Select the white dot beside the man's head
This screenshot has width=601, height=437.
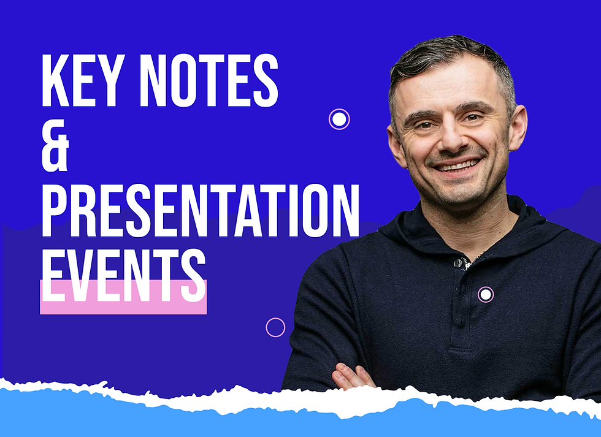[x=339, y=119]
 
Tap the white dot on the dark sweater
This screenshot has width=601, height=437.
[x=486, y=295]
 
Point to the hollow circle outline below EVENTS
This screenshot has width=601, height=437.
[x=275, y=327]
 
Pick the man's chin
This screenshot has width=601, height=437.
[x=461, y=194]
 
